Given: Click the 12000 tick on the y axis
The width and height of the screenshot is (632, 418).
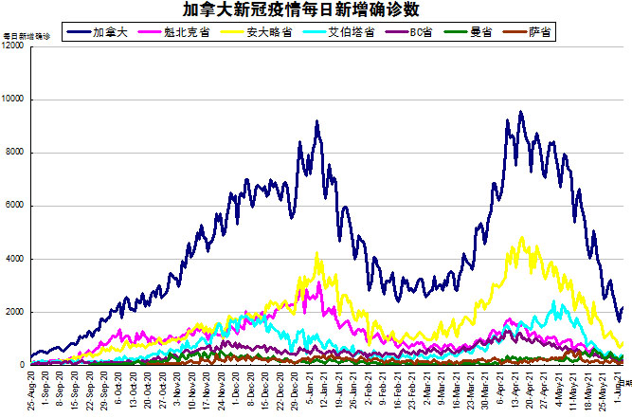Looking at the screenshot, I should [13, 46].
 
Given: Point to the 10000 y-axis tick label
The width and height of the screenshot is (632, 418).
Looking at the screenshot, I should [13, 100].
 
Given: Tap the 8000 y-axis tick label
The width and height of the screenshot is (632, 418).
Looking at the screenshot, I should [15, 153].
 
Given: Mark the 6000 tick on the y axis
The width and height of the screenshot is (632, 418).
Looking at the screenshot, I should [15, 206].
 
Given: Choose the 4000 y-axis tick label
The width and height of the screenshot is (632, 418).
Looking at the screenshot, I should [15, 259].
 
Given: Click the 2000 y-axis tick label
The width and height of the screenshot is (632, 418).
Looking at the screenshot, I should [15, 312].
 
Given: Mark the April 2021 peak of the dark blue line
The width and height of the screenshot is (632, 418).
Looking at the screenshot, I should [520, 113].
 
